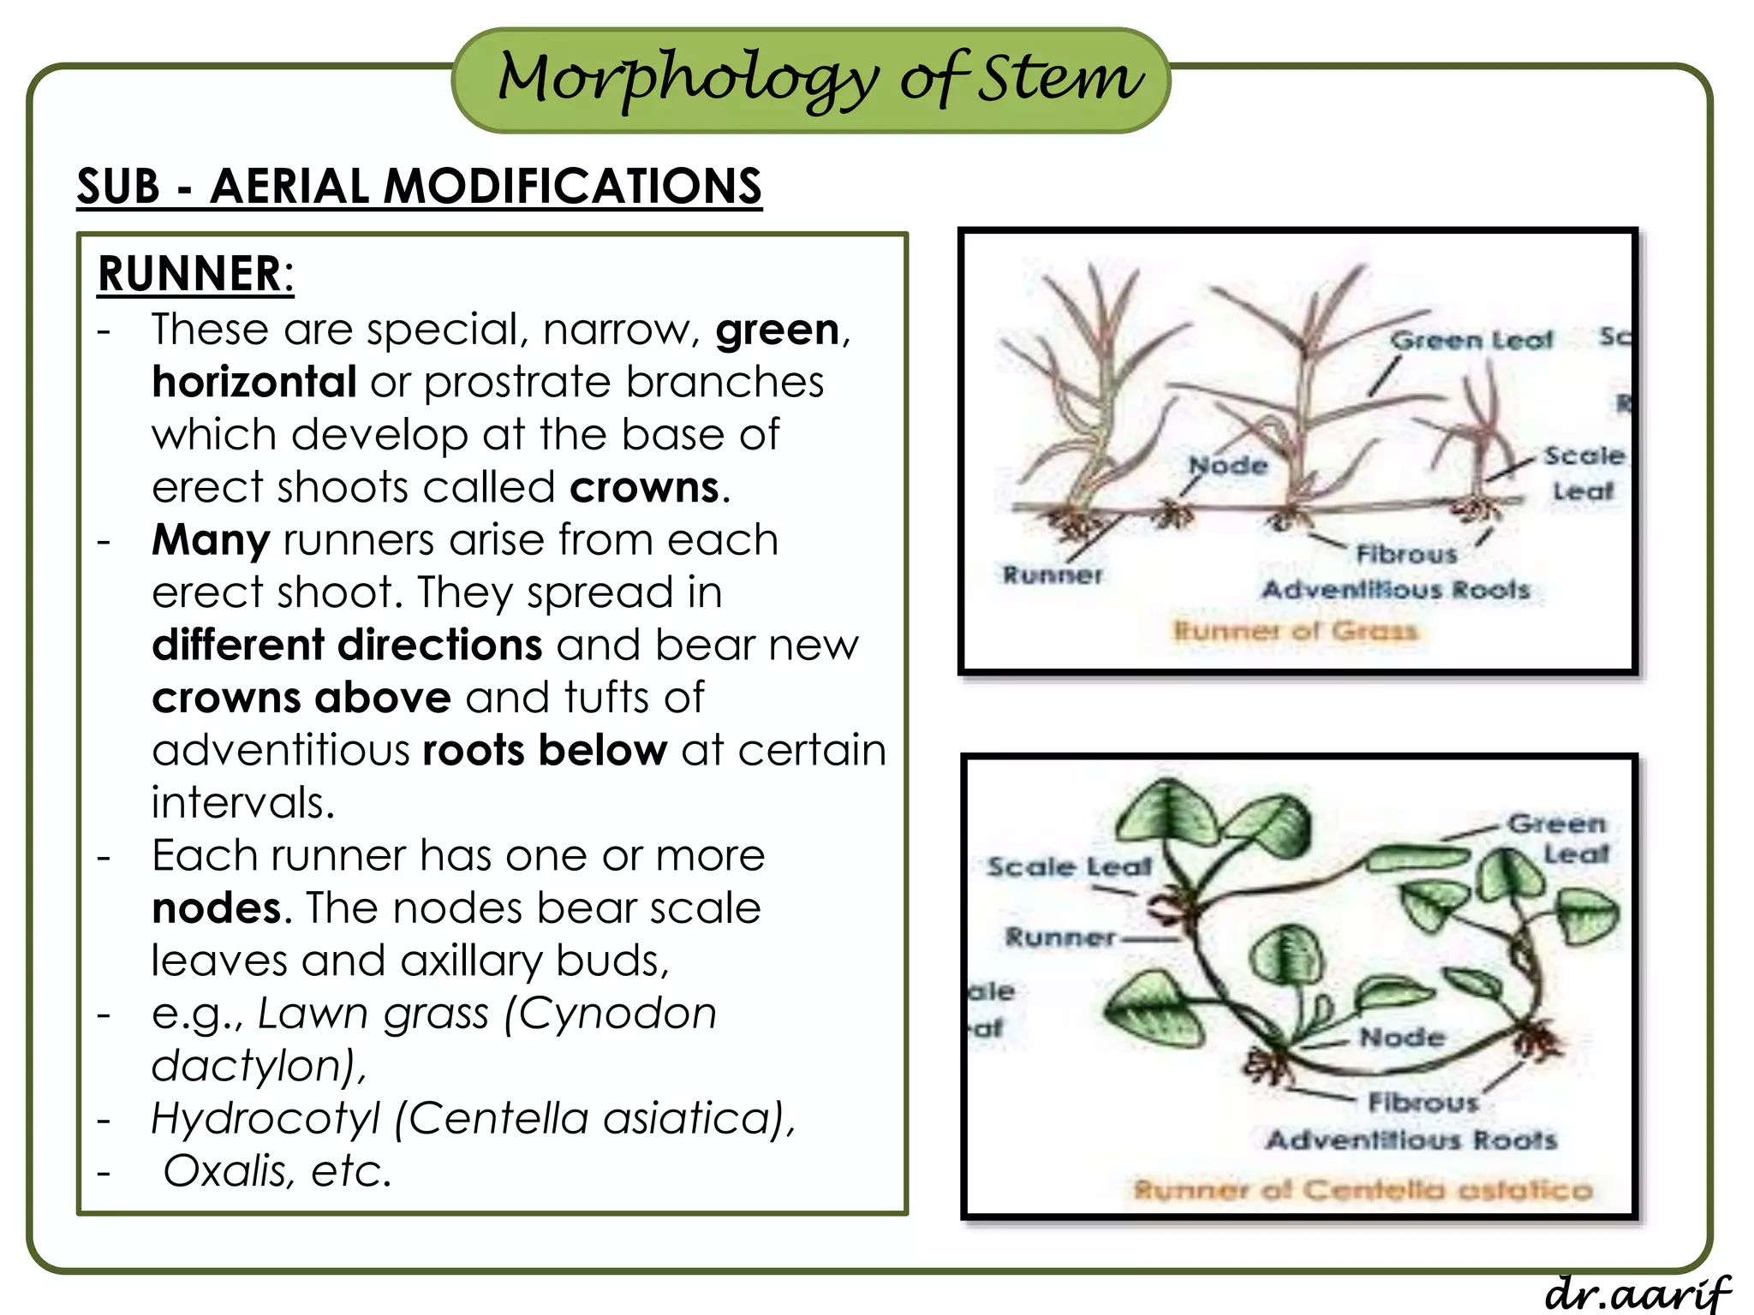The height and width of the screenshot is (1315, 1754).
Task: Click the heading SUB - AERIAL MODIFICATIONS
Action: point(419,186)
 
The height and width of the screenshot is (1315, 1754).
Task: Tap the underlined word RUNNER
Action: point(189,274)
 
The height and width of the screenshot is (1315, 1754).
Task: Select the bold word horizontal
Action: point(254,382)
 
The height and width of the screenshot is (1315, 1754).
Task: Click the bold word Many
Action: point(211,540)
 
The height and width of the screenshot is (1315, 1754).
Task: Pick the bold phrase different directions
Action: point(347,645)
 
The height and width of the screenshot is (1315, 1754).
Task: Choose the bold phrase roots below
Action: point(545,750)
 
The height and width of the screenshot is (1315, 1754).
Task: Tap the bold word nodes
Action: point(216,907)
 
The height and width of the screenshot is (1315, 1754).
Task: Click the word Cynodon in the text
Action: point(617,1014)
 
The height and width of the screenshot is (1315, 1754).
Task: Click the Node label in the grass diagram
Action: point(1228,466)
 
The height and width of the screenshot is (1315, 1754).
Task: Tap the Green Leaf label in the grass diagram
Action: point(1471,340)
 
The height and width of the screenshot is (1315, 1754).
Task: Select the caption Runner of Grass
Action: point(1295,631)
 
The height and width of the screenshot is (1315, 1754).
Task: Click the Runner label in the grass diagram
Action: point(1053,574)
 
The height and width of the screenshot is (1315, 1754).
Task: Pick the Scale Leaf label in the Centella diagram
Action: point(1069,866)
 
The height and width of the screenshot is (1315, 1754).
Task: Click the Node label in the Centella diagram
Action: point(1402,1038)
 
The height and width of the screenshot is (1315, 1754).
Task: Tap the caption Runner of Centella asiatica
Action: point(1363,1189)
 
